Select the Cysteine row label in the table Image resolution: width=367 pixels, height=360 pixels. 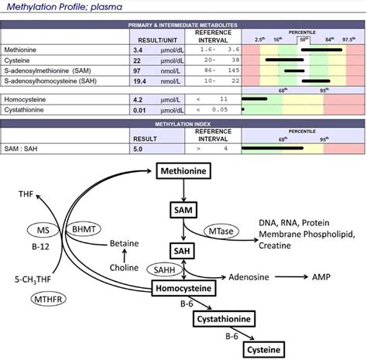(x=19, y=59)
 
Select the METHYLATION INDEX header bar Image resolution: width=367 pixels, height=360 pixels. (x=183, y=124)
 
